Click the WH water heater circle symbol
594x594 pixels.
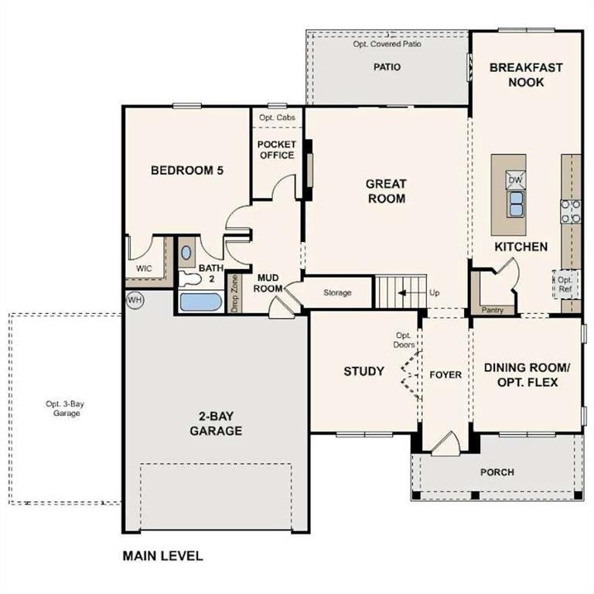pos(135,299)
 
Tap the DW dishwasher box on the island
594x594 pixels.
pos(515,179)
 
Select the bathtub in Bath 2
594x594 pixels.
pos(201,300)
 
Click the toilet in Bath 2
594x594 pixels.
pos(188,279)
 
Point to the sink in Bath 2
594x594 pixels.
pos(187,253)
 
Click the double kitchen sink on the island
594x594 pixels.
pos(515,204)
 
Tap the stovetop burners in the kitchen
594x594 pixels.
pos(571,211)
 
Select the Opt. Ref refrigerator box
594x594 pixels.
pos(565,285)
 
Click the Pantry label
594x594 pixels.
pos(492,310)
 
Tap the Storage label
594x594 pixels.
pos(337,292)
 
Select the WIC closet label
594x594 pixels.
pos(144,268)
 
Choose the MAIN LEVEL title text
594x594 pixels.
pos(162,555)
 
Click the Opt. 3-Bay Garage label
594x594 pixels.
pos(63,408)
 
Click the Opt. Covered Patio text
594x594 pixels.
pos(387,44)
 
